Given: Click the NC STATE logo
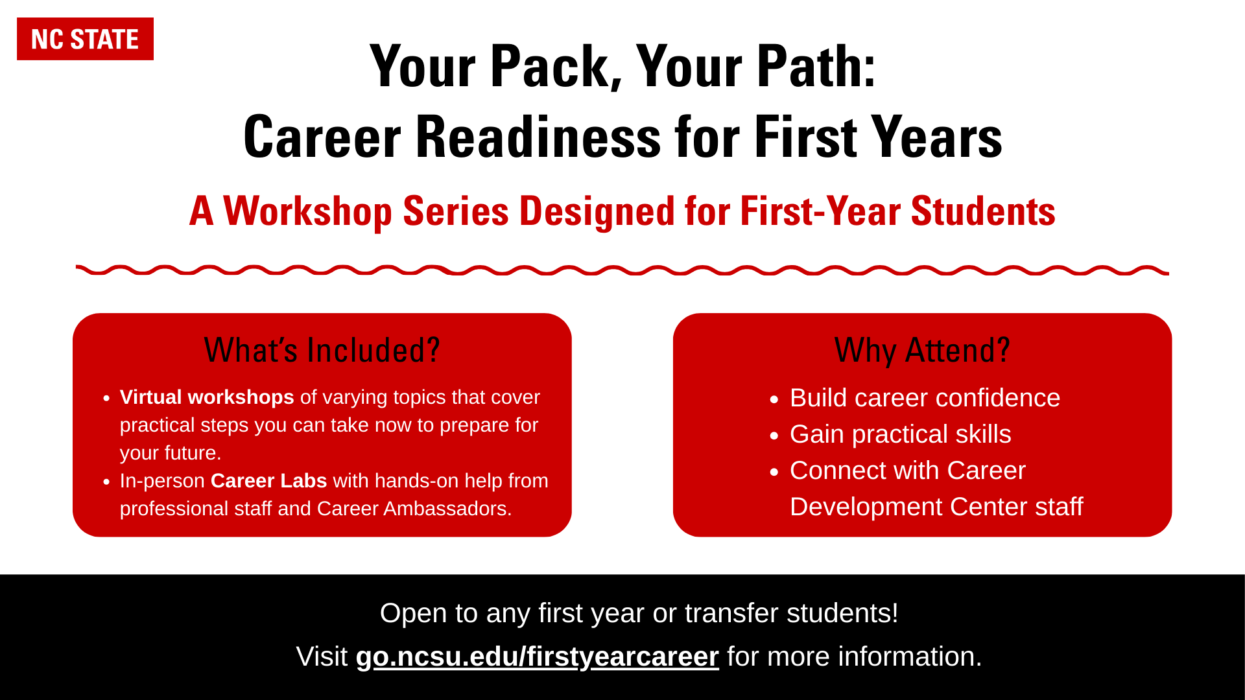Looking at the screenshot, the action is pyautogui.click(x=85, y=39).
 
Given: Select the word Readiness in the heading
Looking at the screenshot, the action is pyautogui.click(x=538, y=137).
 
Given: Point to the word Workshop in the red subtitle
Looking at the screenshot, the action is pyautogui.click(x=308, y=212).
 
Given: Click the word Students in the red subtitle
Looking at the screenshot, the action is pyautogui.click(x=983, y=211).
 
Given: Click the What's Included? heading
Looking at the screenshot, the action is pyautogui.click(x=322, y=350).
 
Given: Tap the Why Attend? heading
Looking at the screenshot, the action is pyautogui.click(x=922, y=350).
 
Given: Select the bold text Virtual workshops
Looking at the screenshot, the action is pyautogui.click(x=207, y=397).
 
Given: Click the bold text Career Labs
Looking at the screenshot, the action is pyautogui.click(x=268, y=480).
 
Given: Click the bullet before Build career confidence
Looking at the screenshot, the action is pyautogui.click(x=774, y=400).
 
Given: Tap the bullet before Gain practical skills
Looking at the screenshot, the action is pyautogui.click(x=774, y=436).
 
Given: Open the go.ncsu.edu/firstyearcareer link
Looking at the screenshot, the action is pyautogui.click(x=538, y=657).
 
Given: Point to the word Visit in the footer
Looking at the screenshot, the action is pyautogui.click(x=322, y=657).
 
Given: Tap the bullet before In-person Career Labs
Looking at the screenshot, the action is pyautogui.click(x=106, y=482).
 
